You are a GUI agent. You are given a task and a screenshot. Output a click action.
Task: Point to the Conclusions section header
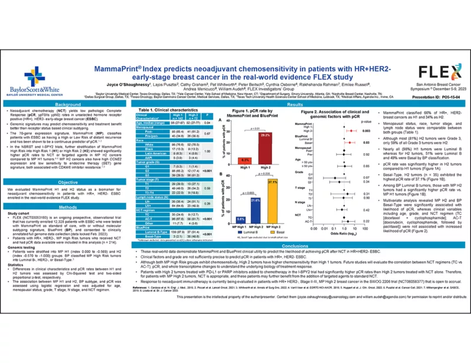pyautogui.click(x=294, y=246)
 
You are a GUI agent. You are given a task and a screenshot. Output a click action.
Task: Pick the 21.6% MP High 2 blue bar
pyautogui.click(x=255, y=213)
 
